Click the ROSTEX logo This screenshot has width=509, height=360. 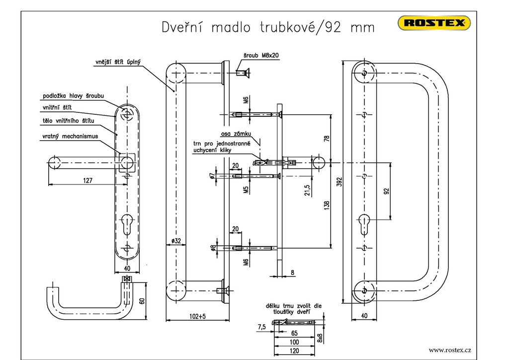434,22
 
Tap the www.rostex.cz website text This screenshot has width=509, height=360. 449,350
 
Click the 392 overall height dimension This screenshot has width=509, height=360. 339,182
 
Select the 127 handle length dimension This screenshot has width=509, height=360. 87,180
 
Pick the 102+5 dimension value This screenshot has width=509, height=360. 197,316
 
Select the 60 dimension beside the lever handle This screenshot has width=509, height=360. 142,301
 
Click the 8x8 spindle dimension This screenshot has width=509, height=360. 320,338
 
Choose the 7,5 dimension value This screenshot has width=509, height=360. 261,326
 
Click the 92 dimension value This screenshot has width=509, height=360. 387,190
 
